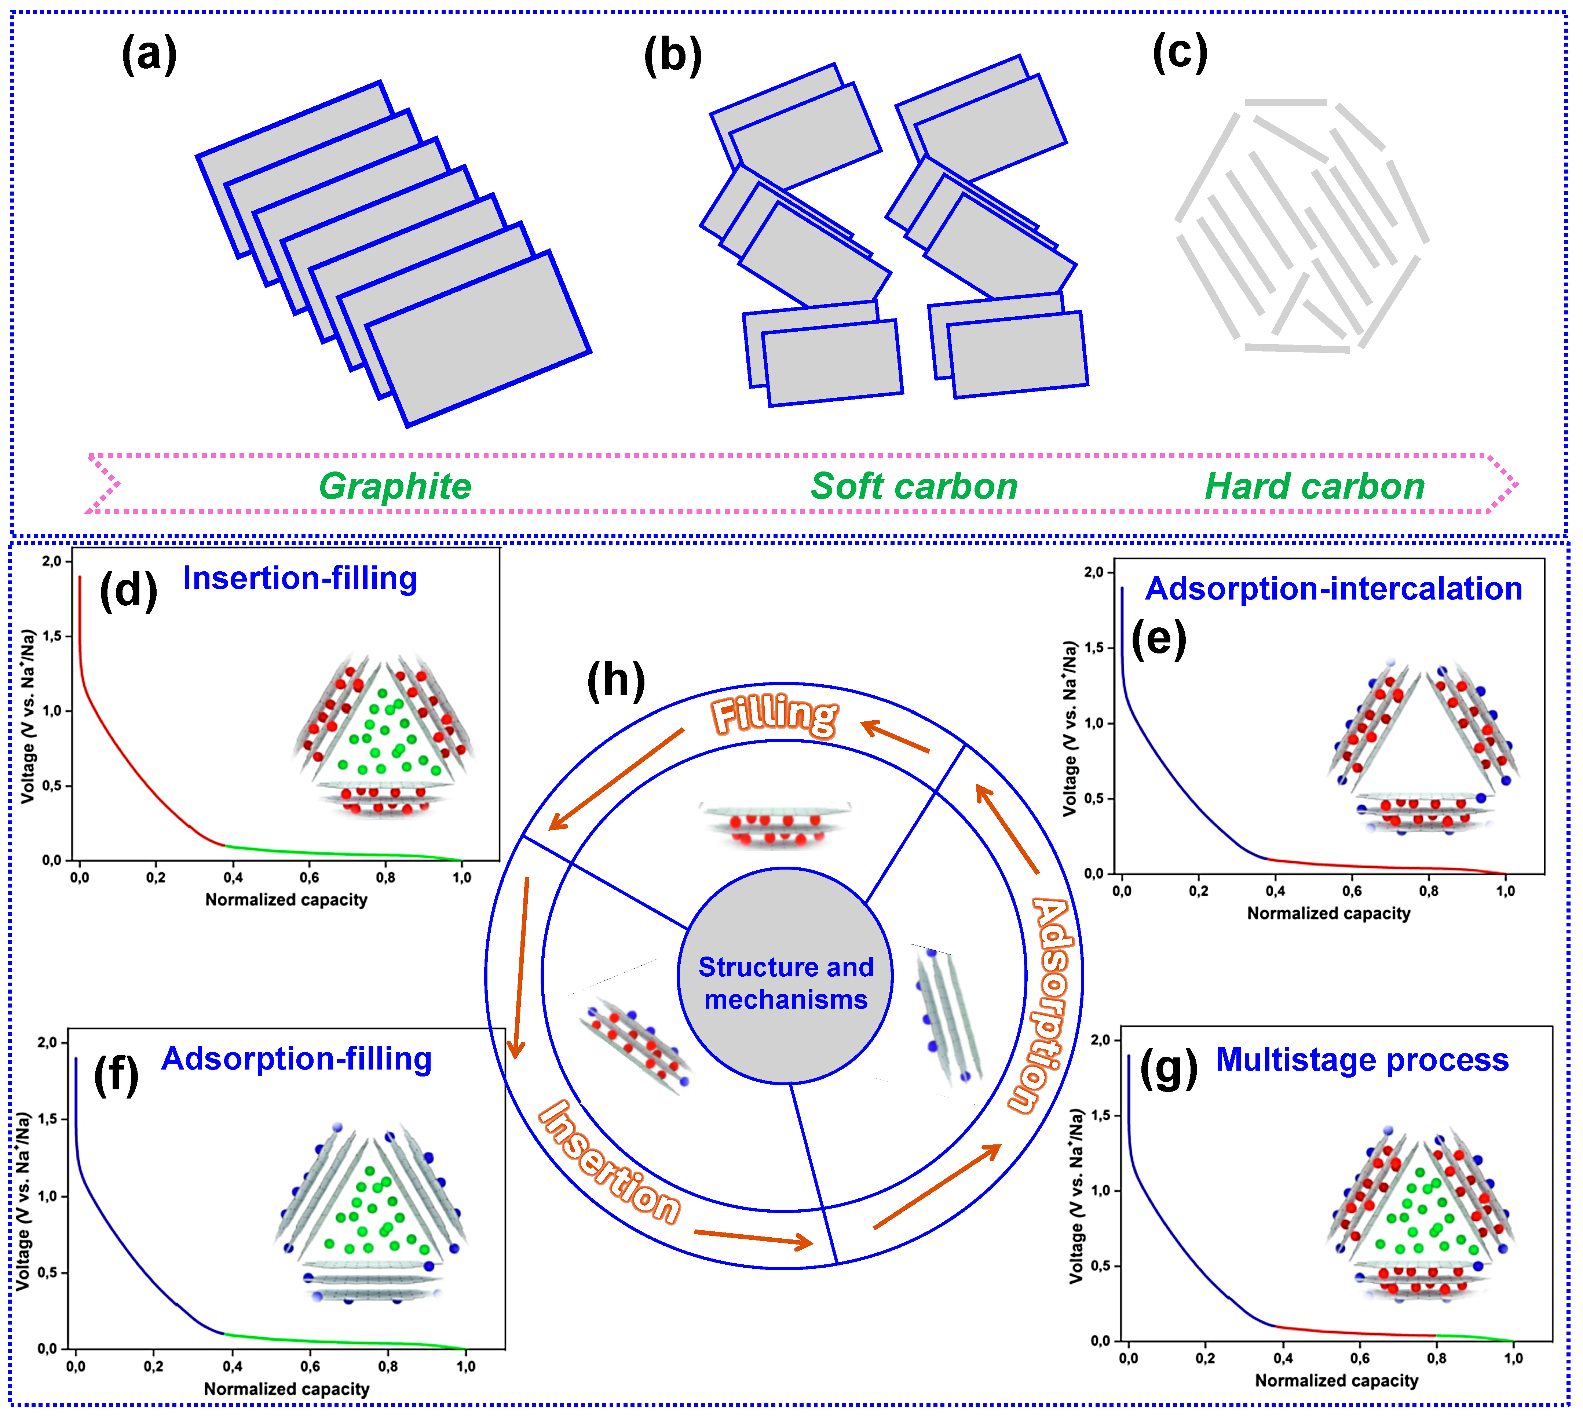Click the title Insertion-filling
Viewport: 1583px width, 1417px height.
coord(300,579)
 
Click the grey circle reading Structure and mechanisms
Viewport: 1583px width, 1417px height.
coord(785,983)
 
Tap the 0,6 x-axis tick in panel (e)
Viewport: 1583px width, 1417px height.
coord(1352,891)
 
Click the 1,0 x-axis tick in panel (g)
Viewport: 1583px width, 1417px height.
coord(1513,1359)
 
